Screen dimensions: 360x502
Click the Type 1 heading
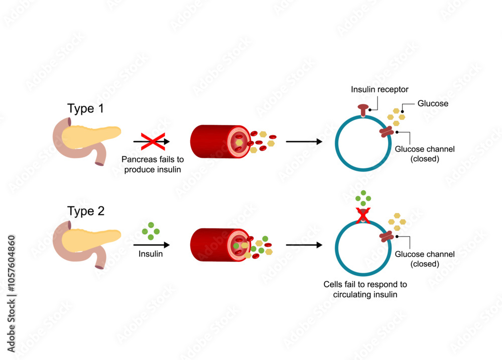tap(86, 109)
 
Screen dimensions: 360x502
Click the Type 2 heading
tap(86, 211)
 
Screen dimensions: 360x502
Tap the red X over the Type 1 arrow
tap(151, 142)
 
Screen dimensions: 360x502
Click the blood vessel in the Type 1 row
tap(218, 142)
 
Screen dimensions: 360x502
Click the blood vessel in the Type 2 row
tap(218, 245)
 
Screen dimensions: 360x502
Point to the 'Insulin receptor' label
tap(380, 89)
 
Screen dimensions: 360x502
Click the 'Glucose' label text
tap(433, 103)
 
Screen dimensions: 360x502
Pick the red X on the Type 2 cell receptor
tap(362, 215)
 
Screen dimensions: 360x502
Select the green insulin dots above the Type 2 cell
tap(362, 199)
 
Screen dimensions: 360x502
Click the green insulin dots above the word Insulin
tap(151, 230)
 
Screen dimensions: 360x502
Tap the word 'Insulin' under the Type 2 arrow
tap(151, 254)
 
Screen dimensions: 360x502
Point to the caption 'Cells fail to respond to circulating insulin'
tap(365, 289)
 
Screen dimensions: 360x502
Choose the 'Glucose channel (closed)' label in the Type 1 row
tap(425, 154)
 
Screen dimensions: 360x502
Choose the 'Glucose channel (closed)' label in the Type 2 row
tap(425, 259)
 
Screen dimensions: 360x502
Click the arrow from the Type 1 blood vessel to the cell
tap(304, 142)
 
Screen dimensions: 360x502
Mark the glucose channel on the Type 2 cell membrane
tap(387, 236)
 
